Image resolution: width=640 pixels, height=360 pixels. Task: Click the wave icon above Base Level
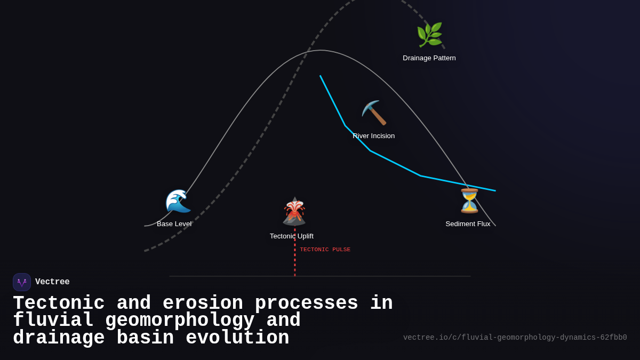click(178, 202)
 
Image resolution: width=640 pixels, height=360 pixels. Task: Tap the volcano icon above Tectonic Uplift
click(294, 212)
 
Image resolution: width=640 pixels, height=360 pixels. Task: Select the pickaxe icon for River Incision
click(374, 113)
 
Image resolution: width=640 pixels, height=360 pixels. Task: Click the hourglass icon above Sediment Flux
click(469, 201)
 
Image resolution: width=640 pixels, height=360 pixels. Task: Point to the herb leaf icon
click(429, 35)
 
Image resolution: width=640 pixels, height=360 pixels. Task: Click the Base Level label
click(174, 224)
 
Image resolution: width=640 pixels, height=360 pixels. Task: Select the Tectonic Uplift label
click(291, 236)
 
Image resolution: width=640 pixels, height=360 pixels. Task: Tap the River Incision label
click(373, 136)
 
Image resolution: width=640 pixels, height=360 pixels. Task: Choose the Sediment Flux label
click(468, 224)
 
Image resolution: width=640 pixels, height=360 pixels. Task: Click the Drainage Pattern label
click(429, 58)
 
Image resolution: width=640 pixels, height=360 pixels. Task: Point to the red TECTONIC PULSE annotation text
click(325, 250)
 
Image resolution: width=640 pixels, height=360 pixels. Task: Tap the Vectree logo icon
click(22, 282)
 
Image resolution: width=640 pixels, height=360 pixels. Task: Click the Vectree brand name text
click(52, 282)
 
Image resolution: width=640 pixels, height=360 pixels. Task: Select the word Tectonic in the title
click(59, 303)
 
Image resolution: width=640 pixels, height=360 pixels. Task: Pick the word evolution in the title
click(237, 338)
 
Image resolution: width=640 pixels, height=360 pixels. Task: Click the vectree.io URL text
click(515, 338)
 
